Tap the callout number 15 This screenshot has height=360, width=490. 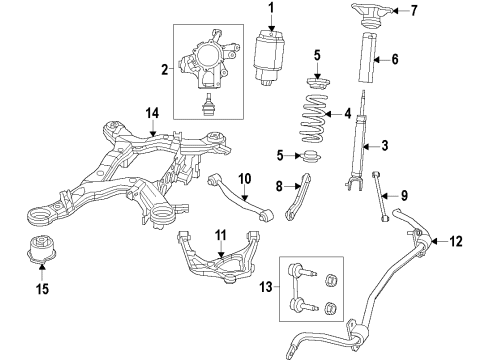(x=41, y=289)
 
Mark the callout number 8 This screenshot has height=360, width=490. (x=281, y=185)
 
